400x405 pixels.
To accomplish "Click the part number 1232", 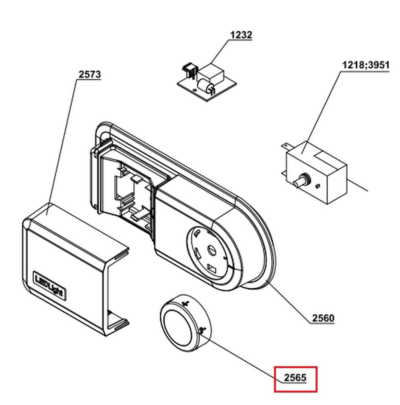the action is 241,35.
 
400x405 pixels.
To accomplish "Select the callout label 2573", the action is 90,74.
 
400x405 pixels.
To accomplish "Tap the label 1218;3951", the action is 366,65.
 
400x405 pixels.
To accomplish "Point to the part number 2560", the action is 323,318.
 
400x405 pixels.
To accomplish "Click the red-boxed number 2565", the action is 295,378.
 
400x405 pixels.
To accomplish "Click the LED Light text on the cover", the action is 49,286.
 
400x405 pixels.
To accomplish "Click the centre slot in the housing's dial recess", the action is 212,249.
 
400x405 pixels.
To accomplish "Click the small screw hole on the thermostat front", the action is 318,186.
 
